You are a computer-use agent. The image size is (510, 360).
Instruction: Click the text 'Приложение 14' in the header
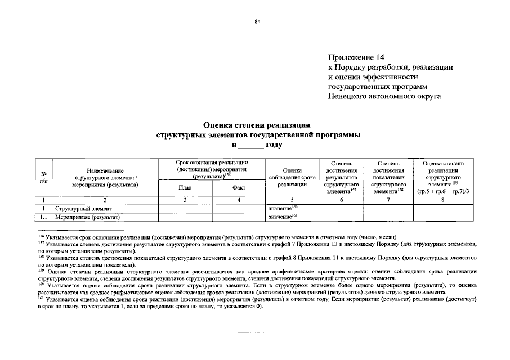356,58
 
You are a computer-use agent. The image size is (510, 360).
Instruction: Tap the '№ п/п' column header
43,177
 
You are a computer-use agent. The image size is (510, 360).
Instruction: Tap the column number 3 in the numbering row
185,200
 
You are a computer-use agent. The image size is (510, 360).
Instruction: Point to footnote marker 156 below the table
41,236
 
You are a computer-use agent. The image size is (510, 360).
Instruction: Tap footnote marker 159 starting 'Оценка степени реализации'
41,269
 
